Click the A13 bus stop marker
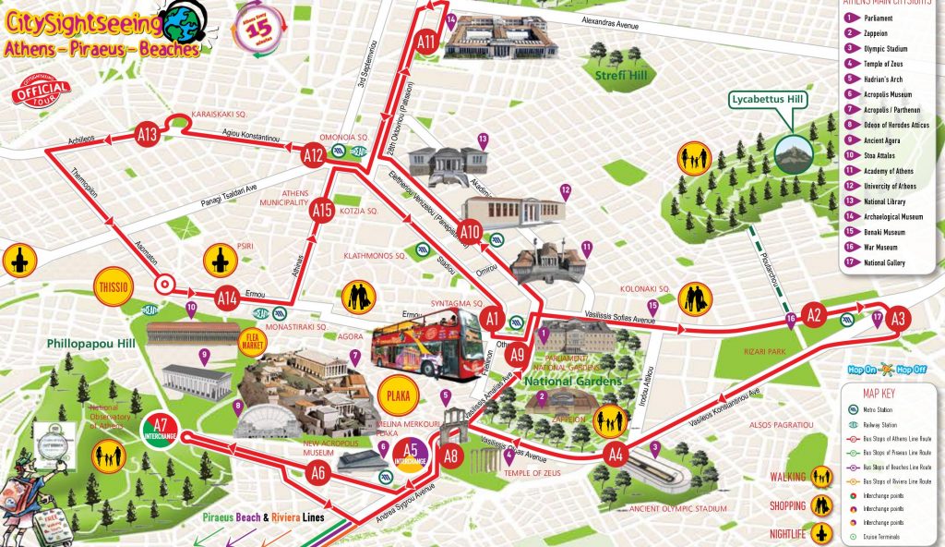148,132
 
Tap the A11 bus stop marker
425,42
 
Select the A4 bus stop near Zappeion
616,454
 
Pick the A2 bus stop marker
813,315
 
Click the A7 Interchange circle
161,429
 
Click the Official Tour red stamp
42,93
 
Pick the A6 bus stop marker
319,473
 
